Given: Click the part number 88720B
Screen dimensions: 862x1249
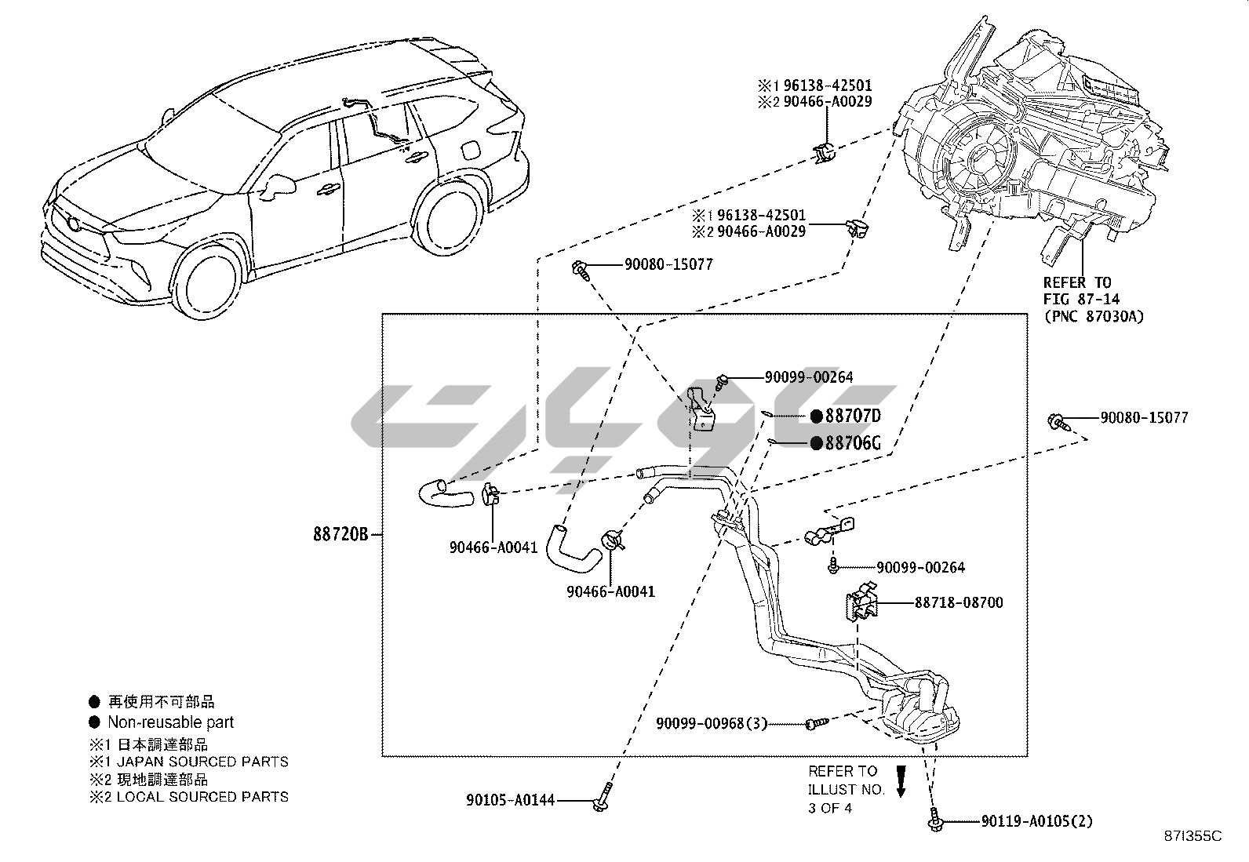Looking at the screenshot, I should point(340,535).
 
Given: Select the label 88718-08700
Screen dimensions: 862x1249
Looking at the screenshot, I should point(958,603).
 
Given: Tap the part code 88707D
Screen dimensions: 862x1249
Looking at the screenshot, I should point(853,416).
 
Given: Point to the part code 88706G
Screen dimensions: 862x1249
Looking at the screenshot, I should point(853,444).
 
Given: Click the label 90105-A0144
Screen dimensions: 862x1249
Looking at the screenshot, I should point(510,800).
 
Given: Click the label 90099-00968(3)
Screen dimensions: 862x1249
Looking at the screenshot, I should point(712,723).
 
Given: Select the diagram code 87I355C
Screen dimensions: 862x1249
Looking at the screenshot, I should point(1193,836).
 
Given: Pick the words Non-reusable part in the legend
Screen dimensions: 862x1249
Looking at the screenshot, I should point(170,722).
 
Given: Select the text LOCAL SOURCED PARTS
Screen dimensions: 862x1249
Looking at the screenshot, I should point(202,797).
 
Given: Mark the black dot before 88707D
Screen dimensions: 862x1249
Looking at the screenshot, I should point(816,416).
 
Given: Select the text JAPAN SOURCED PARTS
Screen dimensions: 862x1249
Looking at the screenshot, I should point(202,762).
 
